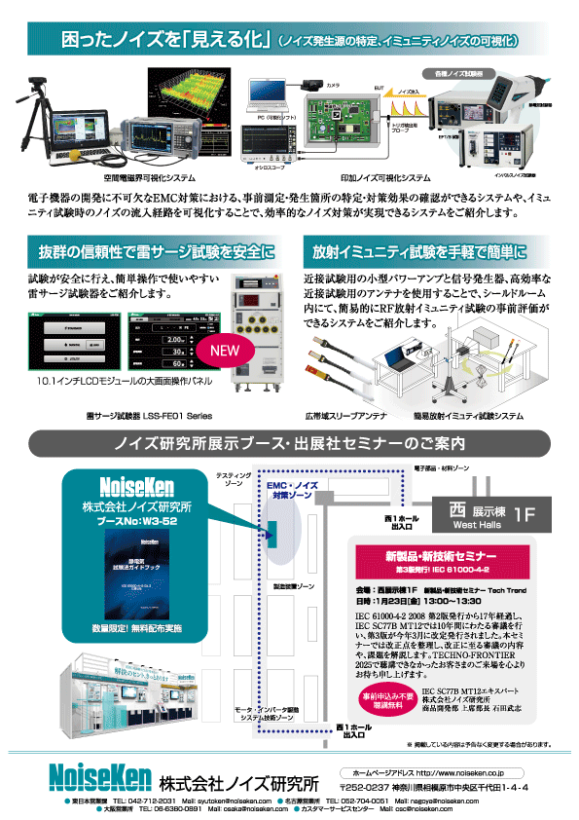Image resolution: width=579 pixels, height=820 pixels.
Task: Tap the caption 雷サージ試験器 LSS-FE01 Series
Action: (148, 415)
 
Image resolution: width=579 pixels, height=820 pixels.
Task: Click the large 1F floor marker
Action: (525, 512)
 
